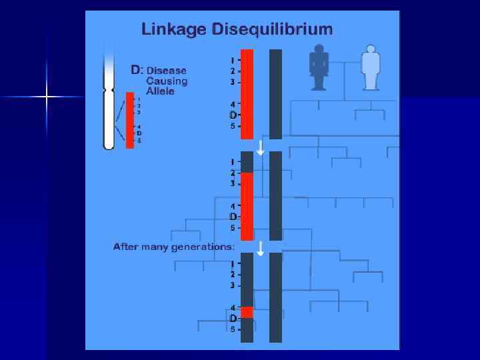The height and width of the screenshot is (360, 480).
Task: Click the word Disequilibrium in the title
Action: [x=271, y=29]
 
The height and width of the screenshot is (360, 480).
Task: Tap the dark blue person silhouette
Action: [x=319, y=67]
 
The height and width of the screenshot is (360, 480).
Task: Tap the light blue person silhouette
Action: [x=370, y=67]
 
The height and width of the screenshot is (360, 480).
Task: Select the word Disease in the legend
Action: [x=167, y=70]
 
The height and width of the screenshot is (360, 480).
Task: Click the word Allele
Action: [x=161, y=91]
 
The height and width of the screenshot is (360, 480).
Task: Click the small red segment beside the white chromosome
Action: [x=130, y=120]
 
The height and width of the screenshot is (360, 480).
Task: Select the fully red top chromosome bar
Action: [x=247, y=93]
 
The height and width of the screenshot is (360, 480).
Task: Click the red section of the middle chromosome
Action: [x=247, y=206]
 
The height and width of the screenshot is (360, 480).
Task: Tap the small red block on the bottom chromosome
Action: [x=247, y=312]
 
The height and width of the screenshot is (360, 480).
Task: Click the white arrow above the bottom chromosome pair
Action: [x=261, y=248]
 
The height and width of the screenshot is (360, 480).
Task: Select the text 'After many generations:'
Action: [x=174, y=247]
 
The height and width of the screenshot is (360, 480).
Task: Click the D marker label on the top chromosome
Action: [x=233, y=115]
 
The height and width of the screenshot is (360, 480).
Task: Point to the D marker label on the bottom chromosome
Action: [x=233, y=318]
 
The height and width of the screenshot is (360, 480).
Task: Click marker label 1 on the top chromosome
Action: [x=233, y=60]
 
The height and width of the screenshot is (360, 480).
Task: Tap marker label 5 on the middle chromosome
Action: [x=233, y=228]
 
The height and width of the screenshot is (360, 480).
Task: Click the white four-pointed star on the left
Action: [x=47, y=97]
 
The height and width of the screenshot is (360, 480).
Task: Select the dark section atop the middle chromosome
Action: [x=247, y=162]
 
